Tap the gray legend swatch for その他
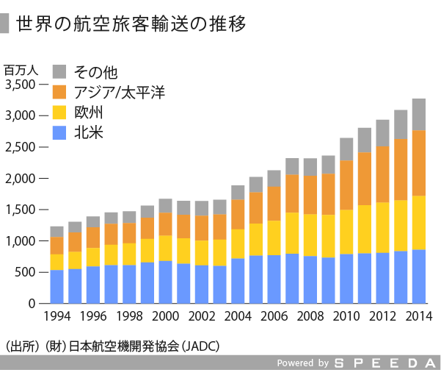click(x=60, y=71)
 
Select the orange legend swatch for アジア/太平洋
click(x=60, y=92)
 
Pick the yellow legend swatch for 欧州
click(x=60, y=113)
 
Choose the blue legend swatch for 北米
click(x=60, y=133)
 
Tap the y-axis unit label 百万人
click(x=21, y=70)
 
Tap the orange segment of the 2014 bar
click(x=419, y=163)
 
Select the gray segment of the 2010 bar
click(x=346, y=149)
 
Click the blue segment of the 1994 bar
click(x=57, y=287)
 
